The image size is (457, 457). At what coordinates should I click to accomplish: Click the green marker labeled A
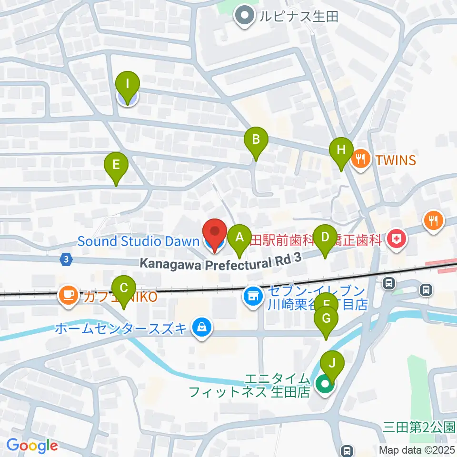coord(239,237)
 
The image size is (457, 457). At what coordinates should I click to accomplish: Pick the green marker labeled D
coord(325,238)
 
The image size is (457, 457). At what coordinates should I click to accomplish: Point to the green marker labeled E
coord(116,166)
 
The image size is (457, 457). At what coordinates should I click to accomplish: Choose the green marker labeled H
coord(341,150)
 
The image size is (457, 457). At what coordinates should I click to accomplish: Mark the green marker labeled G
coord(326,319)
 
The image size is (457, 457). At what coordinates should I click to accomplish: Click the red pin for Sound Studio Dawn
coord(215,233)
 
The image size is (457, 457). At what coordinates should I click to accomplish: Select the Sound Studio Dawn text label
coord(138,241)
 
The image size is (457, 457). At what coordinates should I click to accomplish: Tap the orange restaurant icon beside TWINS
coord(361,159)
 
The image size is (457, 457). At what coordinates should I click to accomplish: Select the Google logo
coord(32,445)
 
